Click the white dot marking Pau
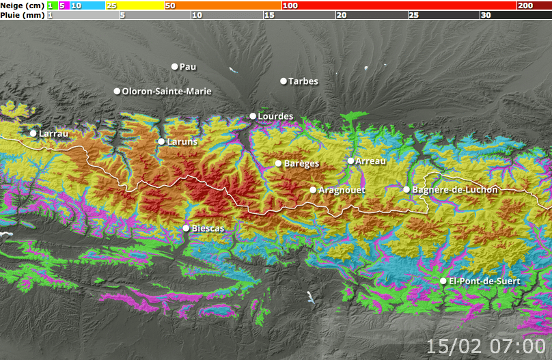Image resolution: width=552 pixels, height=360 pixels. (x=174, y=66)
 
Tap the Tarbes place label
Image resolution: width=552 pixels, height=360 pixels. (x=303, y=81)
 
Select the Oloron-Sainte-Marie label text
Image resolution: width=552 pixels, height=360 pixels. (x=167, y=92)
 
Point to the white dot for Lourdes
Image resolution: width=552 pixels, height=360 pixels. (x=253, y=116)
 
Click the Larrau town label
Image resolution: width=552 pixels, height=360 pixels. (x=54, y=134)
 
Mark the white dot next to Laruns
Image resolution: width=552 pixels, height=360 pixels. (x=161, y=141)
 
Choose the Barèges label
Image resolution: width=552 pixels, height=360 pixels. (x=301, y=164)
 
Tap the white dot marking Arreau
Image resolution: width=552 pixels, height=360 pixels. (x=350, y=161)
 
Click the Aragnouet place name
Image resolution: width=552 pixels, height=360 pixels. (x=342, y=190)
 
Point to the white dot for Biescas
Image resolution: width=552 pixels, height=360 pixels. (x=186, y=227)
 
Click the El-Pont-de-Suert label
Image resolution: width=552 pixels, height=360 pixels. (x=484, y=281)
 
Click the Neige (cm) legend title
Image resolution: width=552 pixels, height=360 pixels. (x=23, y=5)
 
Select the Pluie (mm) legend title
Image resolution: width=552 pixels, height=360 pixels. (x=23, y=14)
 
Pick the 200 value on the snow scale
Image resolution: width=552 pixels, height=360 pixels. (x=525, y=5)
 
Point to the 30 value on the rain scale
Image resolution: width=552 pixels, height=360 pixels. (x=485, y=15)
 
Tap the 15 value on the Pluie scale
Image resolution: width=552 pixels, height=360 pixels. (x=268, y=15)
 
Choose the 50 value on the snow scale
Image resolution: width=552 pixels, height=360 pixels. (x=169, y=5)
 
